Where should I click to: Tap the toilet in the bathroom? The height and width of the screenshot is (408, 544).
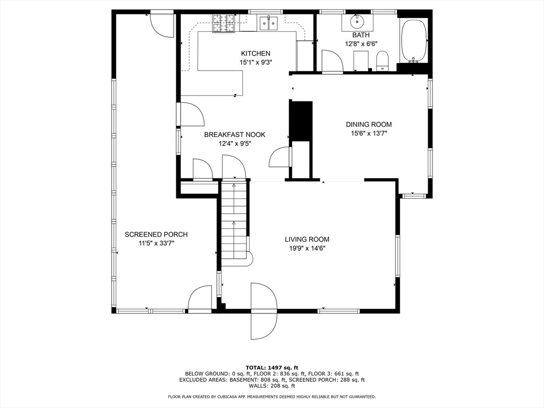382,61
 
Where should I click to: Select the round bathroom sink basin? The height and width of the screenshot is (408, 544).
356,21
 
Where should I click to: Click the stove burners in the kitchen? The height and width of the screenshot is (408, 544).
224,23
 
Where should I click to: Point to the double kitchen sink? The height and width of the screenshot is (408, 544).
269,23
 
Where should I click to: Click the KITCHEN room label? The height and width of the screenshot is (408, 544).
256,54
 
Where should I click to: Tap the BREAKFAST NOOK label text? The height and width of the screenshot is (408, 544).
234,134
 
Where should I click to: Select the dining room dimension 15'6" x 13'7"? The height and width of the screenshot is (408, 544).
369,133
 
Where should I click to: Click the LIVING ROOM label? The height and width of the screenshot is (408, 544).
307,239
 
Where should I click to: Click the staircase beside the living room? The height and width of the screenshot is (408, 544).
234,223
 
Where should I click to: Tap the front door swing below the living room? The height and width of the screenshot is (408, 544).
264,311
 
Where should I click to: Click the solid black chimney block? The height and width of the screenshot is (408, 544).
301,121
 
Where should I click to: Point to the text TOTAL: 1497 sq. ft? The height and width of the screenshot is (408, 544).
272,368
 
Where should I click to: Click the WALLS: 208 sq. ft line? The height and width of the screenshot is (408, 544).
272,386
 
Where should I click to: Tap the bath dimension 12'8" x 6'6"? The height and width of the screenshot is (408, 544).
361,44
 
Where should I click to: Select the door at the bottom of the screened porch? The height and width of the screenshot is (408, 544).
200,300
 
